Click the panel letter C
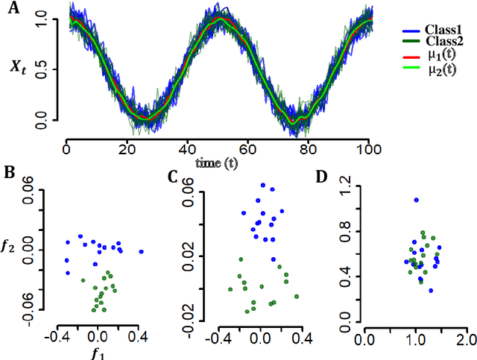click(172, 177)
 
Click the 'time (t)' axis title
click(217, 162)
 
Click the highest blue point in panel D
click(416, 200)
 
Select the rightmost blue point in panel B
click(141, 252)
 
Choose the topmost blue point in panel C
click(262, 185)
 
